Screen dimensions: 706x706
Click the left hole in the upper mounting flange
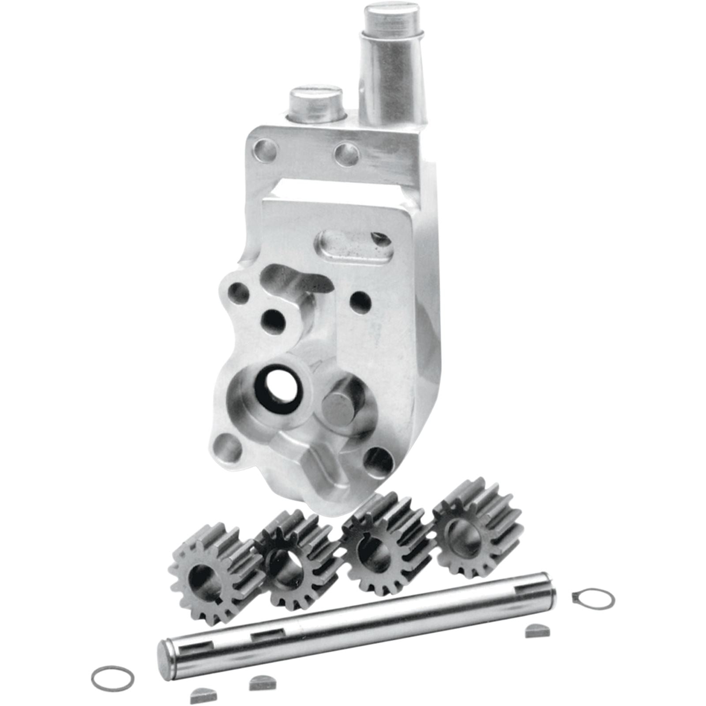(266, 151)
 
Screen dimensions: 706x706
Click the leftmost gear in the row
(212, 574)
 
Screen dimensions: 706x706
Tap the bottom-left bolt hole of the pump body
(228, 447)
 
